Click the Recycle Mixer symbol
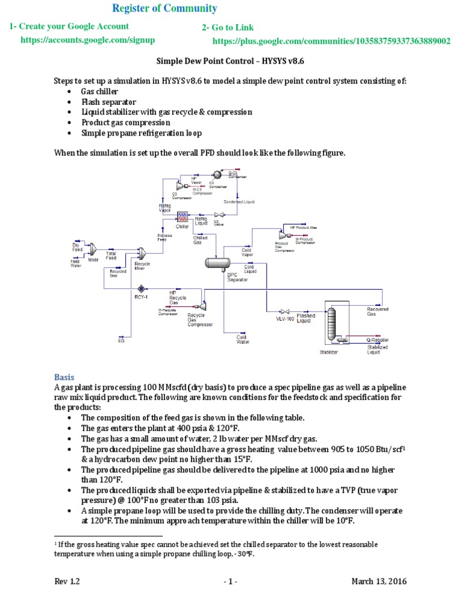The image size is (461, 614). point(142,254)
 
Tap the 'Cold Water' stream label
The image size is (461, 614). point(243,340)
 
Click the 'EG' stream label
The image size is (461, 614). point(121,340)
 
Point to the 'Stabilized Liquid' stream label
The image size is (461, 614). point(378,350)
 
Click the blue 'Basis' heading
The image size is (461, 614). point(64,377)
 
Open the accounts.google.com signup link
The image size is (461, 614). point(88,40)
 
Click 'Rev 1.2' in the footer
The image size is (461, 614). point(67,582)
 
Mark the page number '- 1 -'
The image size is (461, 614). point(230,582)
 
